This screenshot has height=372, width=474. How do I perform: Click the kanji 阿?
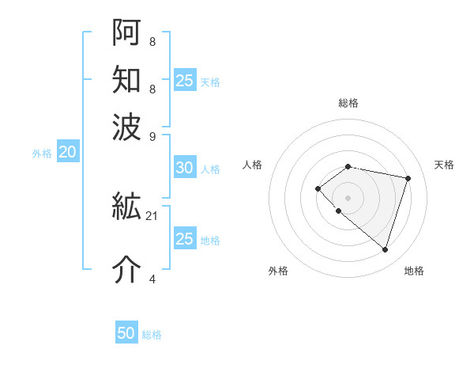(126, 31)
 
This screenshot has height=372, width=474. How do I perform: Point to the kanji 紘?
(126, 207)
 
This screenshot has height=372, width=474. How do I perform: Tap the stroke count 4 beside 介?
(152, 279)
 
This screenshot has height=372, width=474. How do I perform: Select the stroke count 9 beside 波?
(152, 135)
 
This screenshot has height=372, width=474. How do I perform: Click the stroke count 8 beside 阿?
(152, 41)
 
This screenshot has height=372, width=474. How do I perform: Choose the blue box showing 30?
(184, 168)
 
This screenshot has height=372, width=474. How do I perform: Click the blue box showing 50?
(126, 333)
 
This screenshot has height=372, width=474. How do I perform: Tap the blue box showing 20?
(67, 153)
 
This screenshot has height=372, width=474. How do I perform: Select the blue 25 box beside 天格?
(184, 80)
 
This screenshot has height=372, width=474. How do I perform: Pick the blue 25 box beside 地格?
(184, 239)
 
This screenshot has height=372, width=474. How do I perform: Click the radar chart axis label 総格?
(348, 103)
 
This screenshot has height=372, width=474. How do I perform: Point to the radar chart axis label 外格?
(278, 271)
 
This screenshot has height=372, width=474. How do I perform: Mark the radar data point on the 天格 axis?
(408, 178)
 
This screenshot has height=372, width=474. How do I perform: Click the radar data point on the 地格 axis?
(385, 249)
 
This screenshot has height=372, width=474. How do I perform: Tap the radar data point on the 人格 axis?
(318, 188)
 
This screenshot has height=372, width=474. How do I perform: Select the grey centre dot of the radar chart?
(348, 197)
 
